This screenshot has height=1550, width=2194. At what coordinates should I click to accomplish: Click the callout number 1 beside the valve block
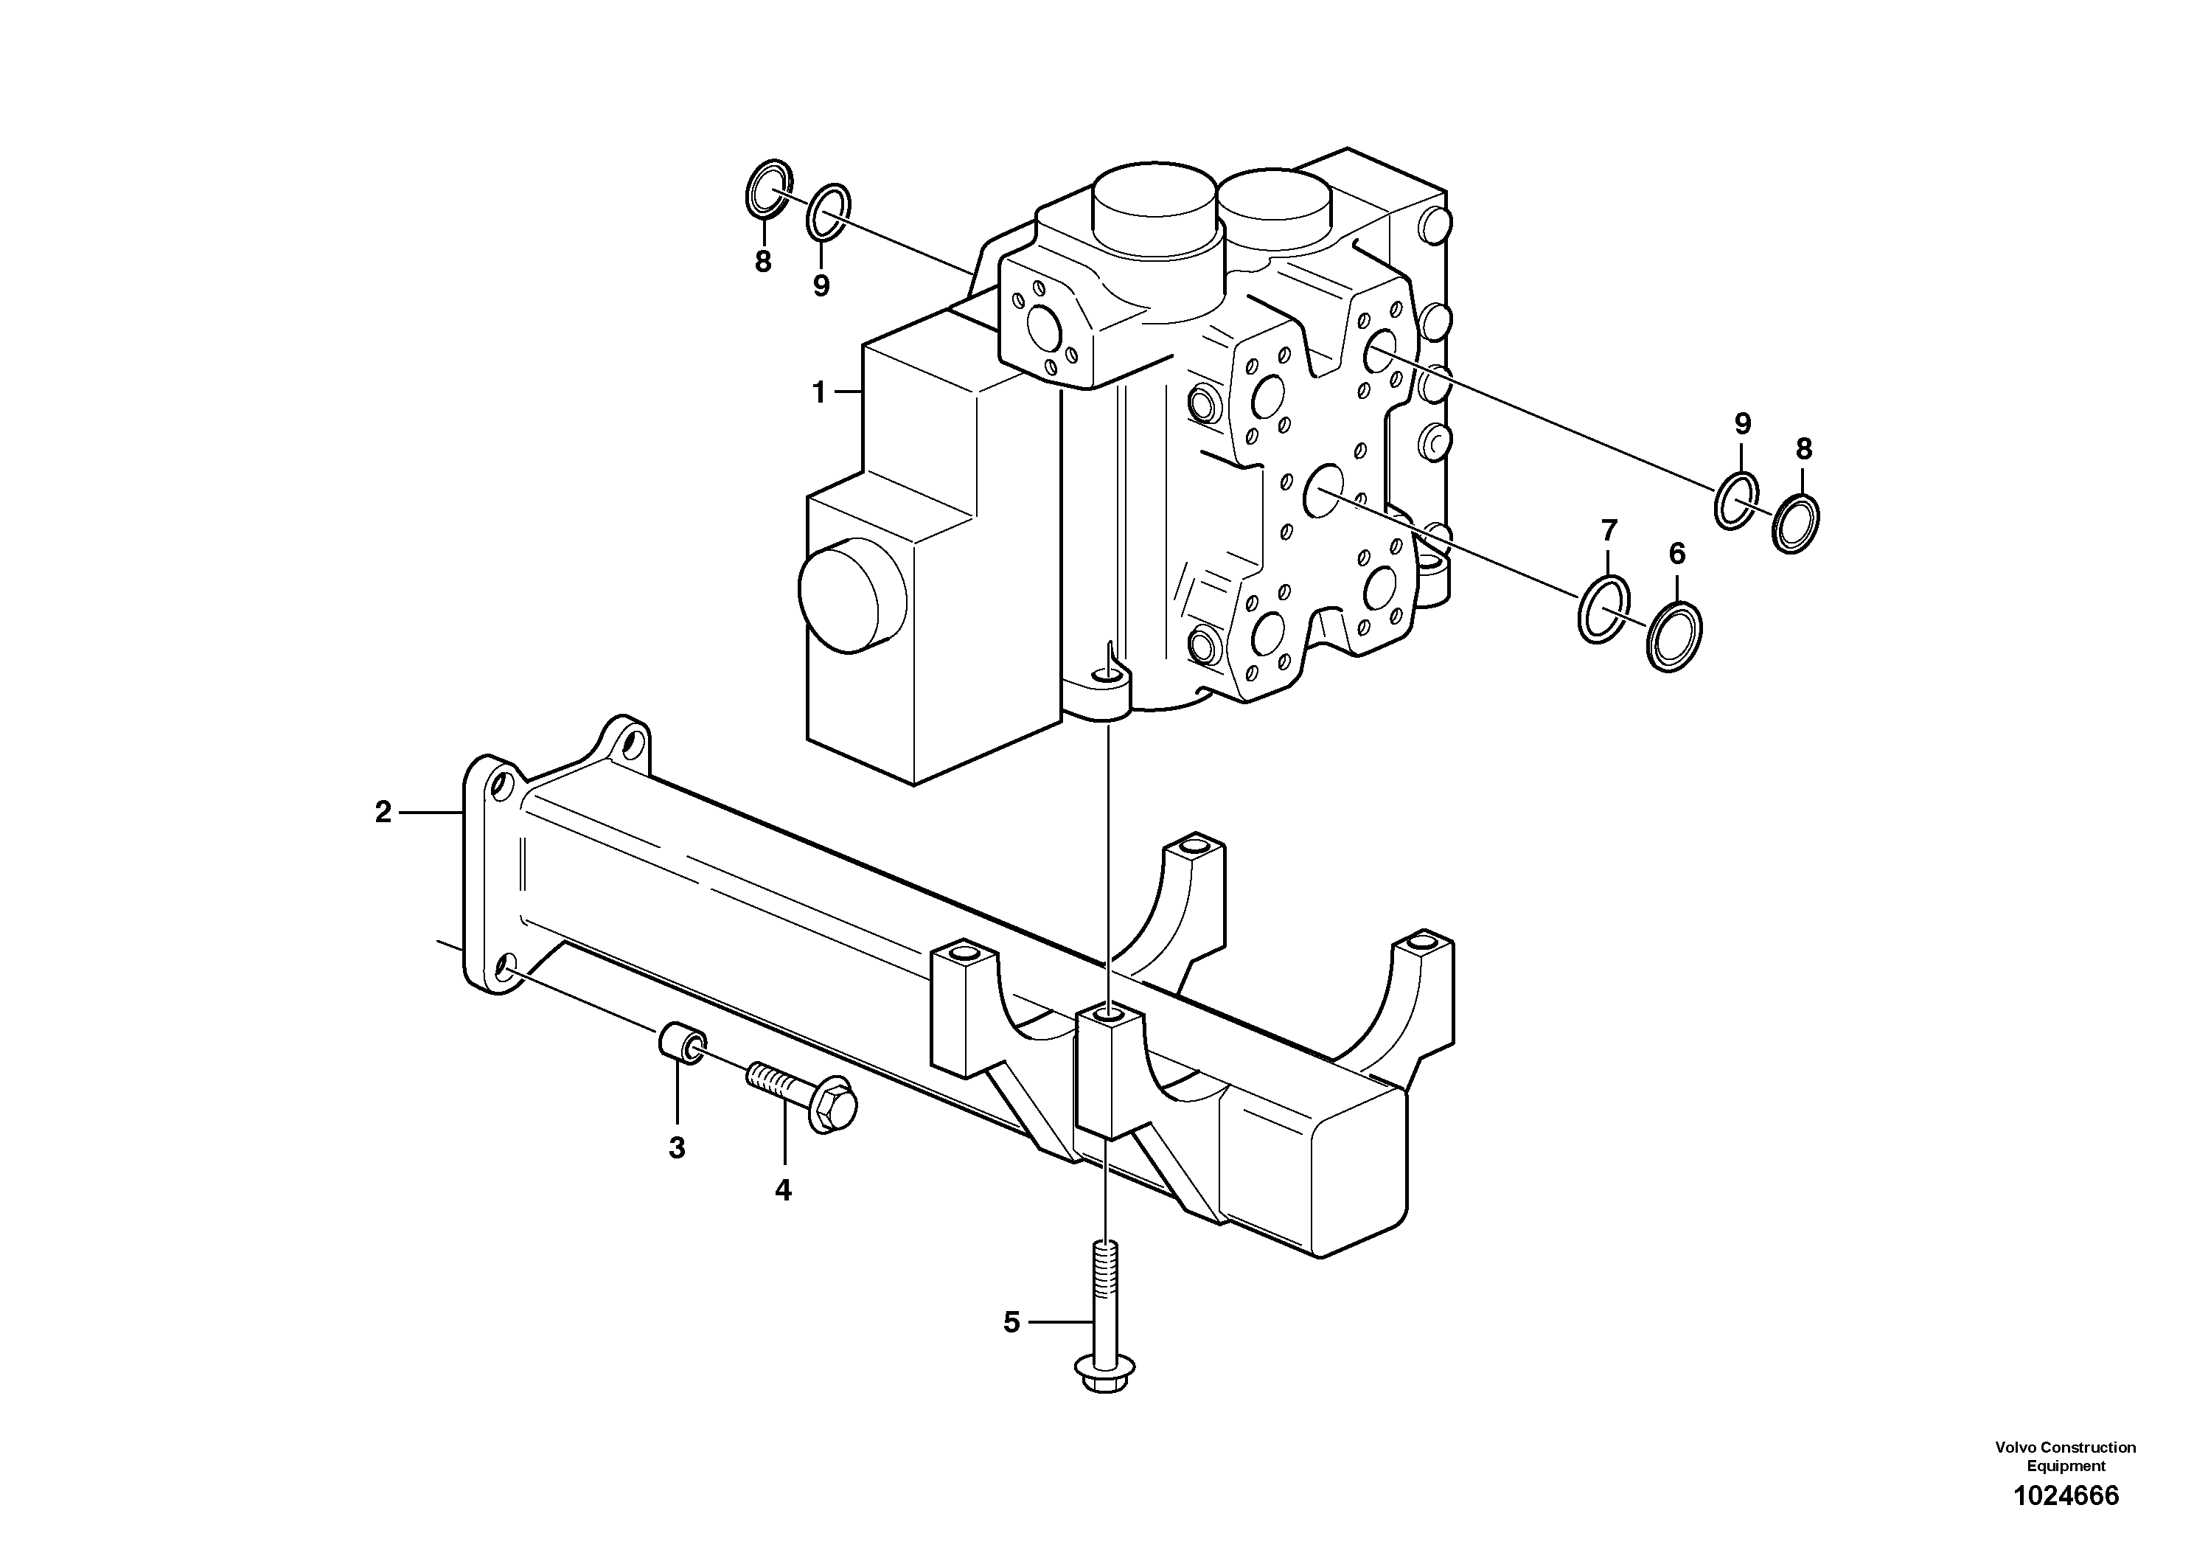tap(818, 392)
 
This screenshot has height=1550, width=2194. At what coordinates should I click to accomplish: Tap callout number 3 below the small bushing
tap(677, 1147)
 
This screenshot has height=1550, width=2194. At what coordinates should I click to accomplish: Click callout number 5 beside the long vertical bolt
tap(1012, 1323)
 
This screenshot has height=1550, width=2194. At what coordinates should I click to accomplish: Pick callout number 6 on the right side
tap(1677, 553)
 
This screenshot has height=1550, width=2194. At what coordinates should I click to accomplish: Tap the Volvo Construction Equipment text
tap(2065, 1456)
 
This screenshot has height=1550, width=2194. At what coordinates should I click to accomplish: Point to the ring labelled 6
tap(1674, 636)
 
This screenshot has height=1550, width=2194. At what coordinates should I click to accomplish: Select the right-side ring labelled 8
tap(1795, 523)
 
